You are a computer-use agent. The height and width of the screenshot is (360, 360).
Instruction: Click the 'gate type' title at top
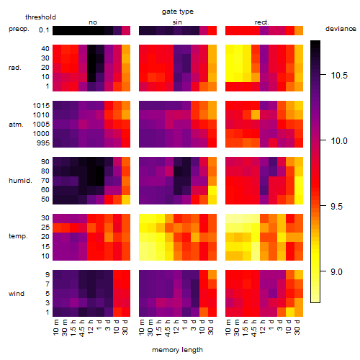[x=178, y=12]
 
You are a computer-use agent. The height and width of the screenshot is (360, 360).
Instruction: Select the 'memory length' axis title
[x=177, y=350]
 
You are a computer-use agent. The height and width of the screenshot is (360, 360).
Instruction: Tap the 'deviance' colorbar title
[x=341, y=29]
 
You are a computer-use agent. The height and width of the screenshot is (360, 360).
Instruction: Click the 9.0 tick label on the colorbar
[x=336, y=272]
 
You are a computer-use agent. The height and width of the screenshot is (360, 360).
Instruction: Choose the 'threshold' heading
[x=40, y=17]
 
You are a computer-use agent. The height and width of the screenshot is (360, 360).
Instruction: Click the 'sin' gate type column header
[x=177, y=22]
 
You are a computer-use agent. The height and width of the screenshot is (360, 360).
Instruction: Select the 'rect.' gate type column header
[x=262, y=22]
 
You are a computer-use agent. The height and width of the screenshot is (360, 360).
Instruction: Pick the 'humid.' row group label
[x=20, y=181]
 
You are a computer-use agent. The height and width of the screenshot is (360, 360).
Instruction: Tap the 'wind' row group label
[x=17, y=294]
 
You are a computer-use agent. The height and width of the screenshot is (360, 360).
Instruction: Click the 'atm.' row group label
[x=16, y=125]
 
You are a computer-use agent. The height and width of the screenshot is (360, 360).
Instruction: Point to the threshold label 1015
[x=41, y=106]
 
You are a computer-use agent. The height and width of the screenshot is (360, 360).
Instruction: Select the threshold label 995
[x=43, y=143]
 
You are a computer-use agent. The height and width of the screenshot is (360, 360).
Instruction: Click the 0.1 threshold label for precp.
[x=44, y=30]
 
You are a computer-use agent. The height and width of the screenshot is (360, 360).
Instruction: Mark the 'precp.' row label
[x=19, y=29]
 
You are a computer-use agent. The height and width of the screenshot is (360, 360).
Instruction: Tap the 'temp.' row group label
[x=18, y=236]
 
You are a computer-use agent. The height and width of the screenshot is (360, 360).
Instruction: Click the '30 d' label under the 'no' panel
[x=125, y=327]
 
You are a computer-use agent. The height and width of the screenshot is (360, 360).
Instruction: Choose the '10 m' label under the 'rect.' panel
[x=228, y=327]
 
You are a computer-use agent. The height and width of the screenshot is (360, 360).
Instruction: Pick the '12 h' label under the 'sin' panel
[x=176, y=327]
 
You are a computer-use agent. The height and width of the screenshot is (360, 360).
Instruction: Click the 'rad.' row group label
[x=15, y=68]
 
